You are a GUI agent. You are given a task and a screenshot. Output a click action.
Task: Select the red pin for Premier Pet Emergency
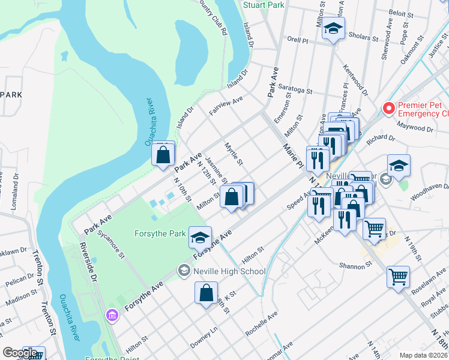coord(388,109)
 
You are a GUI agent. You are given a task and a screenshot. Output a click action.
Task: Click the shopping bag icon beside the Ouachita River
coord(163,154)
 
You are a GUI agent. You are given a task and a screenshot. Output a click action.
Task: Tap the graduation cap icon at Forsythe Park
coord(200,238)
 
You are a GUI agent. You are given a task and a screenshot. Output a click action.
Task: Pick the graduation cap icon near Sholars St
coord(333,29)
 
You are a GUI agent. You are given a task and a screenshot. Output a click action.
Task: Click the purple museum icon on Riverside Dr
coord(110,314)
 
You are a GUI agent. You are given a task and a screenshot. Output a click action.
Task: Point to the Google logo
coord(20,353)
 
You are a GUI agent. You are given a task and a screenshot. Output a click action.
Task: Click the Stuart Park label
coord(264,5)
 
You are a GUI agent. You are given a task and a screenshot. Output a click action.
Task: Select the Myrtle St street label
coord(233,154)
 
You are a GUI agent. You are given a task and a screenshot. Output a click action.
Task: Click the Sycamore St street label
coord(112,246)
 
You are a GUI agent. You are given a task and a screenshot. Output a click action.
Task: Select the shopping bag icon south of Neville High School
coord(206,294)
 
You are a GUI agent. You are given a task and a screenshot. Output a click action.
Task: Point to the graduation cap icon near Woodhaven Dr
coord(399,166)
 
